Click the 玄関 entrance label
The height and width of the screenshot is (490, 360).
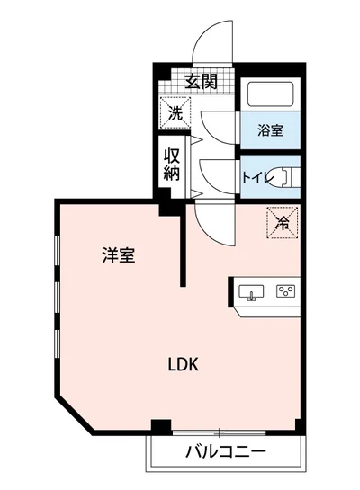[202, 80]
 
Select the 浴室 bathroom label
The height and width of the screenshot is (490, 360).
[270, 130]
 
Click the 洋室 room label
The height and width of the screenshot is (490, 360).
[118, 255]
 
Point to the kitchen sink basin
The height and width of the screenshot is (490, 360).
[250, 292]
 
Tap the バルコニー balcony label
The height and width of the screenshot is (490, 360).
[226, 450]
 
